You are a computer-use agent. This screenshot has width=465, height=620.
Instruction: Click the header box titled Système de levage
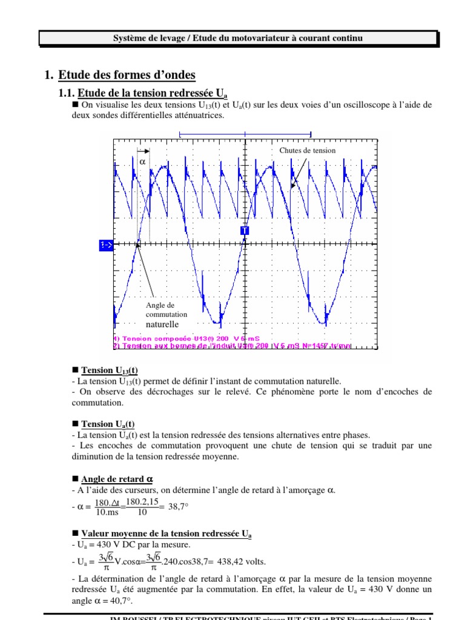point(238,38)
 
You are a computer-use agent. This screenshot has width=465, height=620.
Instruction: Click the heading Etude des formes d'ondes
point(127,75)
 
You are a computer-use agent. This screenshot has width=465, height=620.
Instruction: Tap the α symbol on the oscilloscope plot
point(143,162)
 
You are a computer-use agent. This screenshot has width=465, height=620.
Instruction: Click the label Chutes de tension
point(307,150)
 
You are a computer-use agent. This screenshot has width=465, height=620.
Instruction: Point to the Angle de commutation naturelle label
point(167,315)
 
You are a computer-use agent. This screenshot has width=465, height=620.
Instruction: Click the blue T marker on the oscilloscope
point(245,231)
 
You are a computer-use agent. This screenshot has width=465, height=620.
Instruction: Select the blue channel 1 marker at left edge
point(105,245)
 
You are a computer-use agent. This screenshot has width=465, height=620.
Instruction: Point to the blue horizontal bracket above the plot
point(245,133)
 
